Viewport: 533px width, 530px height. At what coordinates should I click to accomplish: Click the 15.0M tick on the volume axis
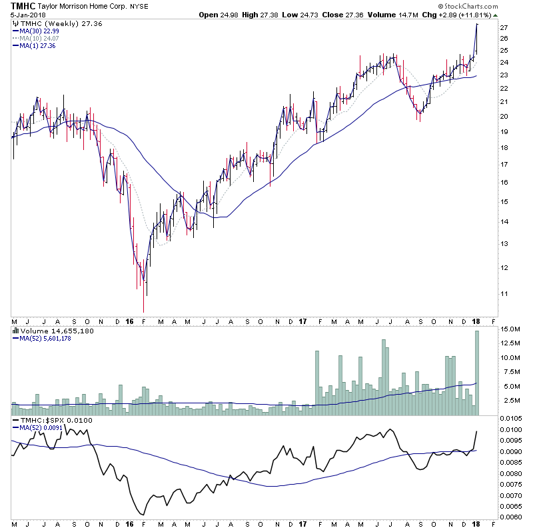pos(510,329)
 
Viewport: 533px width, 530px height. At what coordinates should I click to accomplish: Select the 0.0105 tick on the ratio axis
pos(512,418)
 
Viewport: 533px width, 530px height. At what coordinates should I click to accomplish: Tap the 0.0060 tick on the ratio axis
pos(512,517)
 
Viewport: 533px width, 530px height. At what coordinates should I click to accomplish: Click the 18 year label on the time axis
pos(478,321)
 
